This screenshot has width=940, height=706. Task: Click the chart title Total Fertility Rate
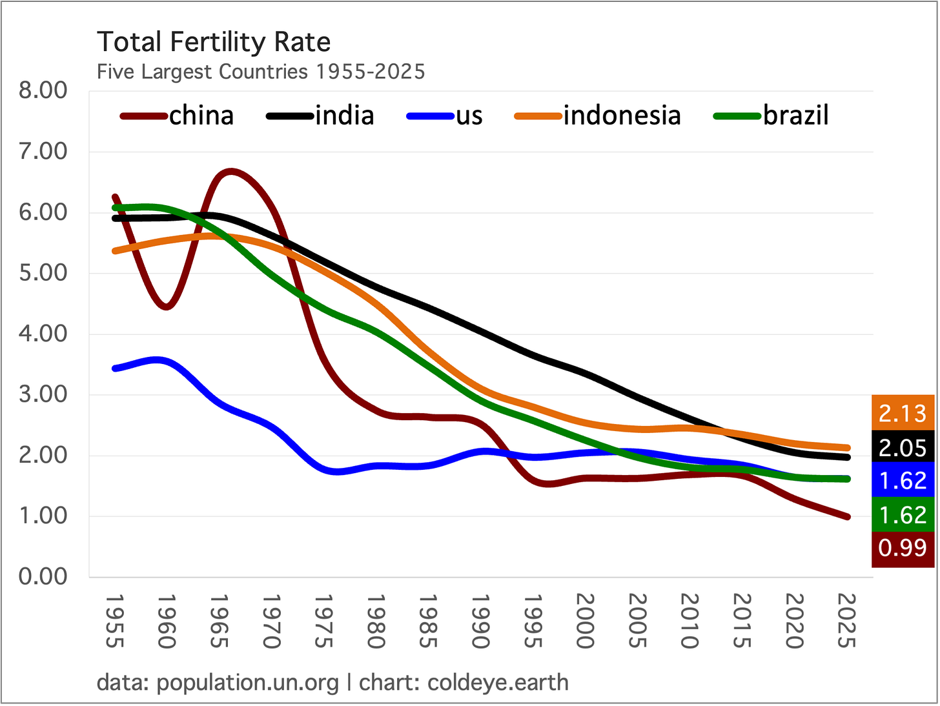pos(214,43)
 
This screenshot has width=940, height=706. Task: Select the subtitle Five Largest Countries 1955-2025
pos(261,72)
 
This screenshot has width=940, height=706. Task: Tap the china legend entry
pos(177,116)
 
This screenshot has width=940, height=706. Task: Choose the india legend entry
pos(320,116)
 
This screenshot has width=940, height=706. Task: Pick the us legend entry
pos(445,116)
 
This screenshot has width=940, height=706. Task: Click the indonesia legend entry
pos(597,116)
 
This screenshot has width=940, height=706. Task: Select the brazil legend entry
pos(771,116)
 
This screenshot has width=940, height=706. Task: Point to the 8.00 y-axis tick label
pos(43,91)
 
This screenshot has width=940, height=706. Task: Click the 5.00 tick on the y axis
pos(43,273)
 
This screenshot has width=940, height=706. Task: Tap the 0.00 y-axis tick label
pos(43,577)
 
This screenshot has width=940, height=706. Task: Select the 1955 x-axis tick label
pos(115,621)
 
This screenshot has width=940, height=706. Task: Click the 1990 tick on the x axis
pos(480,621)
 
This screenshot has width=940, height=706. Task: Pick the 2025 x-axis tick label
pos(846,621)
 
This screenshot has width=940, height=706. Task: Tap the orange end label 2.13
pos(903,413)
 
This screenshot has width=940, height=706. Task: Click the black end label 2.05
pos(903,447)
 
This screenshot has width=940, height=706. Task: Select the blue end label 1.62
pos(903,480)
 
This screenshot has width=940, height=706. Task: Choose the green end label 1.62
pos(903,515)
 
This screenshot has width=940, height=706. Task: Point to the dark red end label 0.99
pos(903,548)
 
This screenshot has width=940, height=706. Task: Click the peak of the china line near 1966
pos(231,172)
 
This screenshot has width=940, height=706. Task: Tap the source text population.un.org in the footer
pos(247,682)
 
